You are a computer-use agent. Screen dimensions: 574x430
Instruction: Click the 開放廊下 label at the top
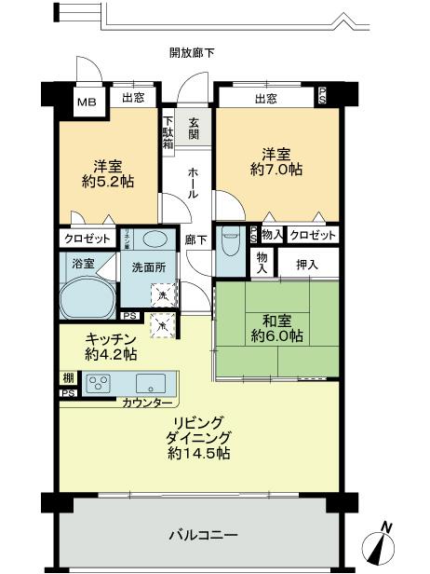[x=192, y=53]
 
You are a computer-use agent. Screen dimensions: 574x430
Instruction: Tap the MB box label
[x=86, y=102]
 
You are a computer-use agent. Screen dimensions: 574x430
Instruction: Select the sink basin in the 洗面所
[x=155, y=240]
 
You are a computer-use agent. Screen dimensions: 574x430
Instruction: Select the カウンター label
[x=146, y=403]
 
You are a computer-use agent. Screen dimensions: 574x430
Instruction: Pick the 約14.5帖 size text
[x=200, y=454]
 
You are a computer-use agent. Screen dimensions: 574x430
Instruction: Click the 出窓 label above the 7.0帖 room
[x=265, y=98]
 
